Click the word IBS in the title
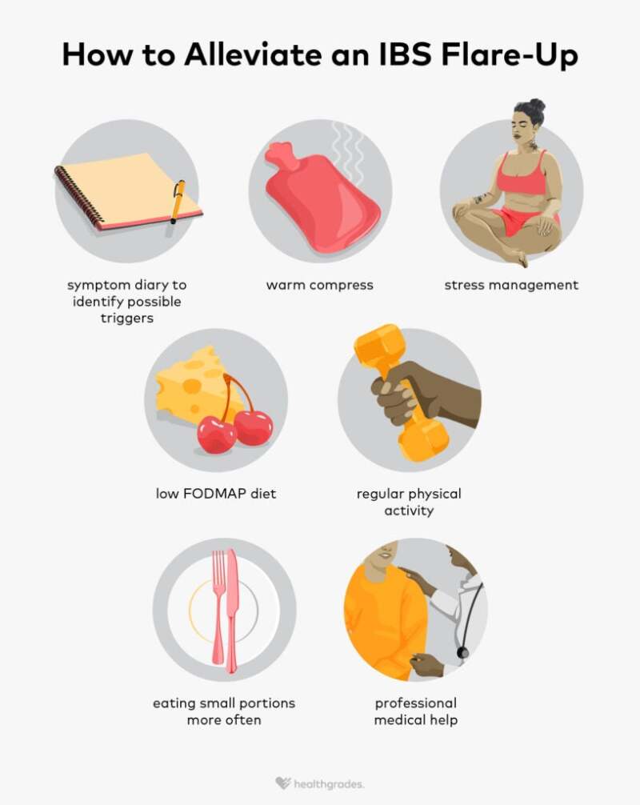405,54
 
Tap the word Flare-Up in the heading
509,55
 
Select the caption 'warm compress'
320,285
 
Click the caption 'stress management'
511,286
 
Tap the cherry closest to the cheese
217,435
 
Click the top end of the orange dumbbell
378,345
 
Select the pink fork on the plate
219,607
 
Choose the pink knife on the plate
232,611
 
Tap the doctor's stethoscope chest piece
462,652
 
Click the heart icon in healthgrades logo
282,783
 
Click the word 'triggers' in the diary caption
126,318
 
